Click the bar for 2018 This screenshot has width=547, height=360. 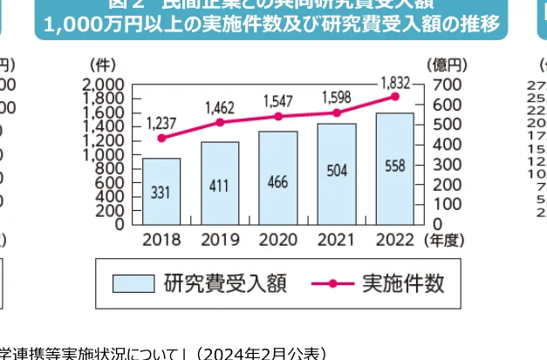pyautogui.click(x=161, y=191)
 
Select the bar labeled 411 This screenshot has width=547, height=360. pyautogui.click(x=220, y=183)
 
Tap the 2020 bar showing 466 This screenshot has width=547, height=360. pyautogui.click(x=278, y=178)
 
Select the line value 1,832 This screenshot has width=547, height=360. pyautogui.click(x=394, y=82)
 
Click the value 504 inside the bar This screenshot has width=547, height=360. pyautogui.click(x=337, y=170)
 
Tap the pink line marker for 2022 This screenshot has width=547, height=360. pyautogui.click(x=394, y=96)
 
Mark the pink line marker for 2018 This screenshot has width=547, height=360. pyautogui.click(x=161, y=138)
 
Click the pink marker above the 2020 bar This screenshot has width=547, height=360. pyautogui.click(x=278, y=116)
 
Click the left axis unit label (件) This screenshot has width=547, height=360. pyautogui.click(x=102, y=65)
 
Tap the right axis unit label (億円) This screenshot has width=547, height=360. pyautogui.click(x=448, y=65)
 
